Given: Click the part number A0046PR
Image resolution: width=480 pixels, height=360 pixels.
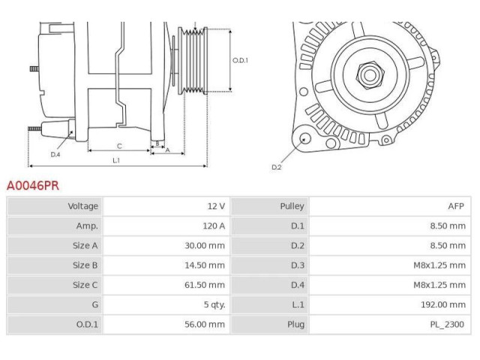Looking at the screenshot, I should pyautogui.click(x=32, y=184).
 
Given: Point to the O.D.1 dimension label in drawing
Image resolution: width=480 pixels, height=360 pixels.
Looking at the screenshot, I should pyautogui.click(x=239, y=61).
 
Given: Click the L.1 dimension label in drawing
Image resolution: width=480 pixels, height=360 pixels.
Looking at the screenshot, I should pyautogui.click(x=117, y=160).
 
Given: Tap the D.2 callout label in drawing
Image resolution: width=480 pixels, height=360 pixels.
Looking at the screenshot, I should pyautogui.click(x=276, y=166).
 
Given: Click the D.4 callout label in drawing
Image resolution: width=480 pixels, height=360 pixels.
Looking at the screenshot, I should pyautogui.click(x=55, y=154).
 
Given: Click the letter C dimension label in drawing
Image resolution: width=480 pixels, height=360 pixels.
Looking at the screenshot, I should pyautogui.click(x=118, y=146).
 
